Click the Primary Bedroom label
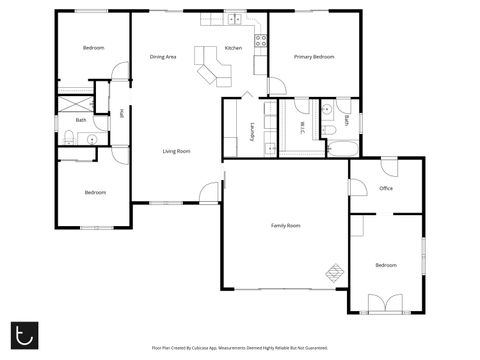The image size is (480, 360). click(313, 57)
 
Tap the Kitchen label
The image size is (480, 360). click(233, 48)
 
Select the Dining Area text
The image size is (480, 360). click(163, 57)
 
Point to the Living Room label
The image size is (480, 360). click(177, 151)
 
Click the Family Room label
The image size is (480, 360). click(286, 226)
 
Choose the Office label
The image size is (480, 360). click(385, 188)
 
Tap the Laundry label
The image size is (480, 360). click(252, 131)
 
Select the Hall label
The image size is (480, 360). click(121, 113)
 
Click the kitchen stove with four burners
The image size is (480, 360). click(260, 41)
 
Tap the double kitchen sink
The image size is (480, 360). click(233, 19)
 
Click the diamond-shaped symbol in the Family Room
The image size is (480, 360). click(334, 269)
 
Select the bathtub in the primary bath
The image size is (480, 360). click(340, 149)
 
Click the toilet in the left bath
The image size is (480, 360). click(67, 138)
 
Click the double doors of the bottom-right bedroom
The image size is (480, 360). click(382, 303)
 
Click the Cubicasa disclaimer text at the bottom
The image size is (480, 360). click(239, 348)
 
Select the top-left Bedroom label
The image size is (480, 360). click(93, 48)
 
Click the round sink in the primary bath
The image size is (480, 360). click(327, 109)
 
